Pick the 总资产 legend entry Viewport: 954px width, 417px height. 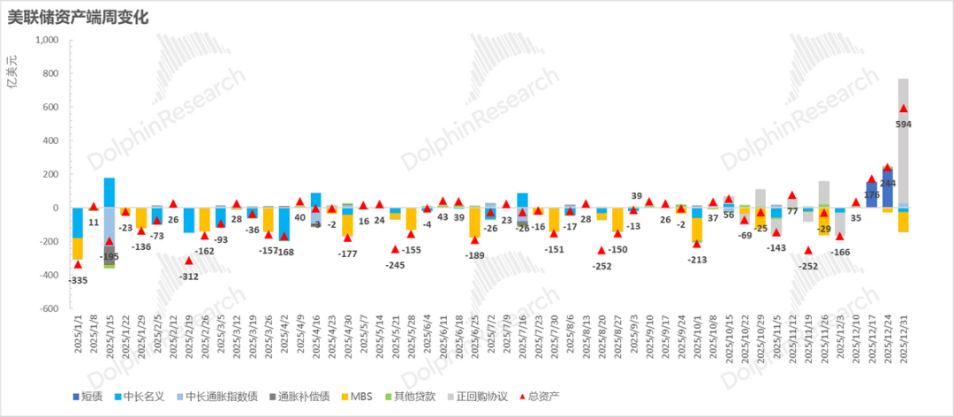click(x=542, y=396)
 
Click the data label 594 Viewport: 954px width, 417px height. click(x=903, y=125)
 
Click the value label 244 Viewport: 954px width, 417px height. click(x=887, y=183)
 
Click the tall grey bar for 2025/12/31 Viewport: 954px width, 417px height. click(x=903, y=141)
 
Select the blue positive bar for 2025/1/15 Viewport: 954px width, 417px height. click(x=110, y=192)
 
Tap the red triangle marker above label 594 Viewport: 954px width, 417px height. click(x=903, y=109)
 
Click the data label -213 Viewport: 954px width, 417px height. click(x=697, y=260)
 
